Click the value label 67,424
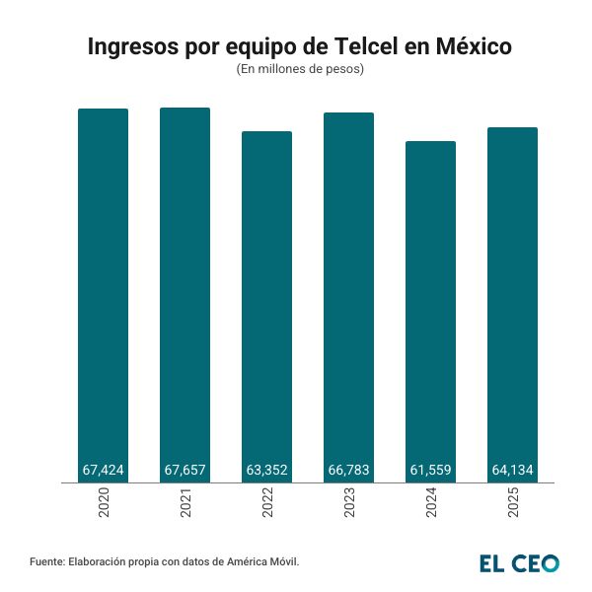point(104,471)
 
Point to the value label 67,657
point(185,471)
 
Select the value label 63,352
point(267,471)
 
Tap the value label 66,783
point(349,471)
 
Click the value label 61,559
point(431,471)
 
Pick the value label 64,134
point(513,471)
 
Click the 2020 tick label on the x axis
point(105,505)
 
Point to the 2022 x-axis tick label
point(268,505)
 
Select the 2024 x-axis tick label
point(432,505)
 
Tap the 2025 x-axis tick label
point(514,505)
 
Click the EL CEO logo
point(519,562)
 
